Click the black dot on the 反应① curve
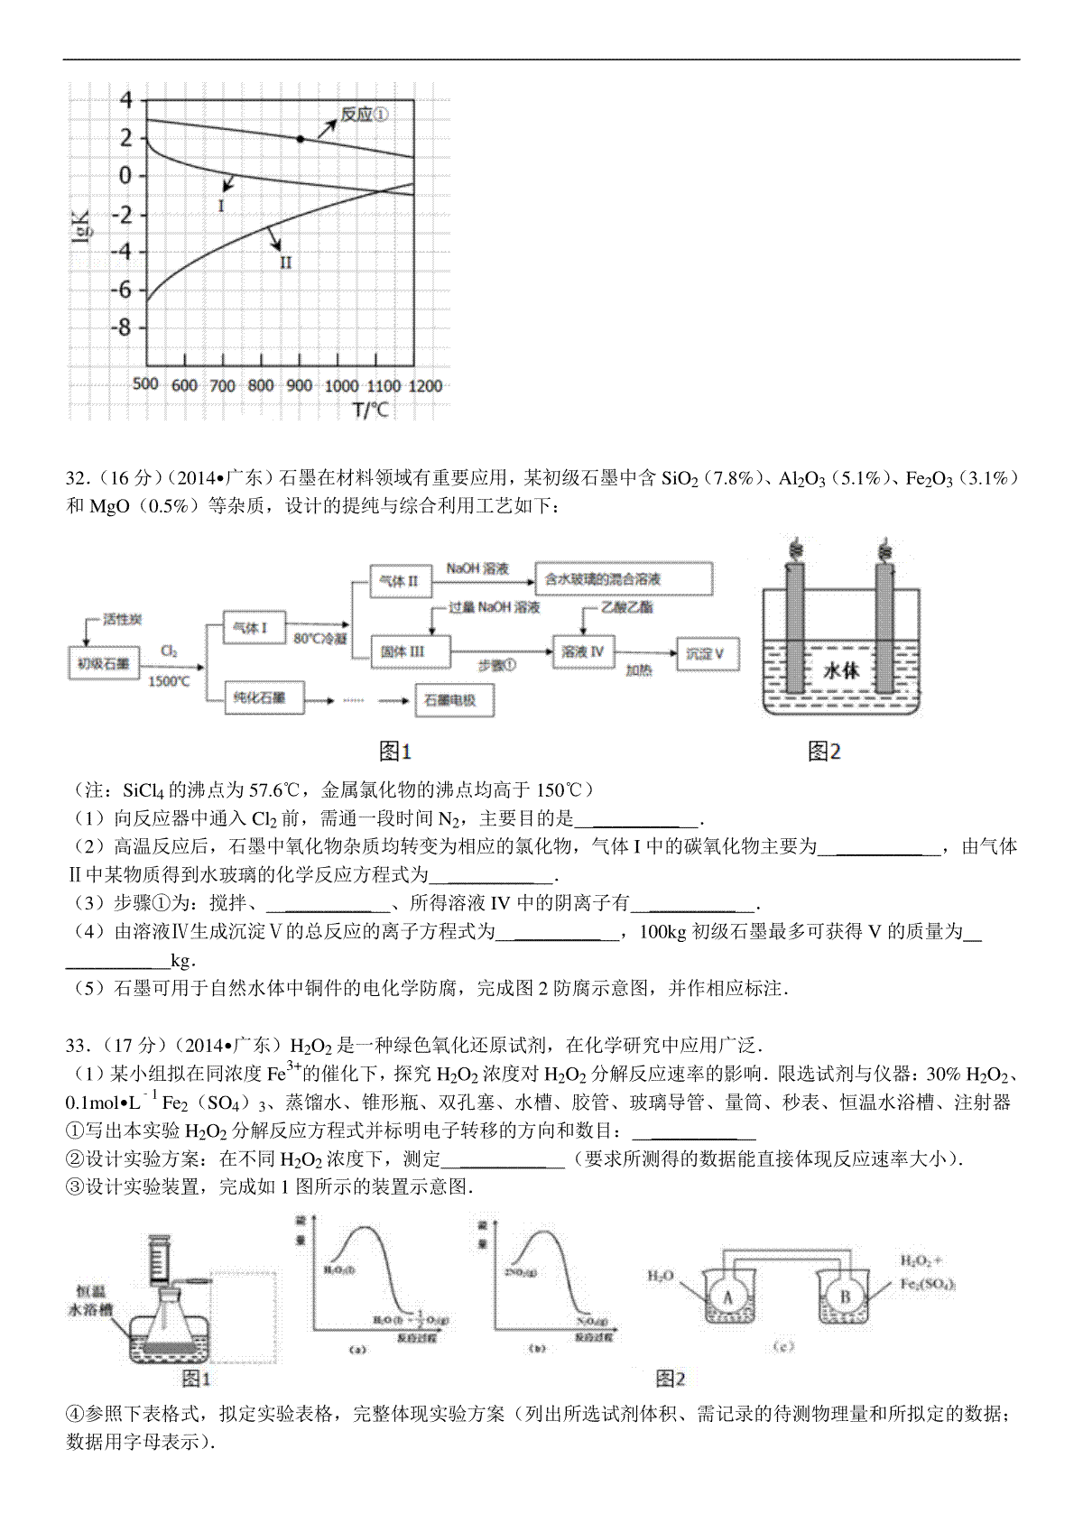tap(300, 139)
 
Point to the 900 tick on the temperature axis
tap(300, 386)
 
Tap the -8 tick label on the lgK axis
tap(121, 328)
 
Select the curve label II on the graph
tap(285, 262)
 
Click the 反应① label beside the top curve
tap(365, 115)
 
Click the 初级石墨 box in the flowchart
tap(103, 663)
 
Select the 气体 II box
tap(397, 581)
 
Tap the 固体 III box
tap(403, 651)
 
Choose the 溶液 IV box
tap(581, 651)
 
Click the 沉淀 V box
tap(706, 652)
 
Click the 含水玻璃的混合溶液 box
tap(622, 577)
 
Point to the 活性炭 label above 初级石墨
tap(122, 620)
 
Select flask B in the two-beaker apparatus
tap(845, 1297)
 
